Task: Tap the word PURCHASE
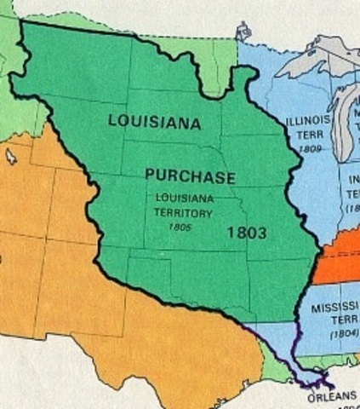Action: coord(189,176)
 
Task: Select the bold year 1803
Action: coord(247,231)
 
